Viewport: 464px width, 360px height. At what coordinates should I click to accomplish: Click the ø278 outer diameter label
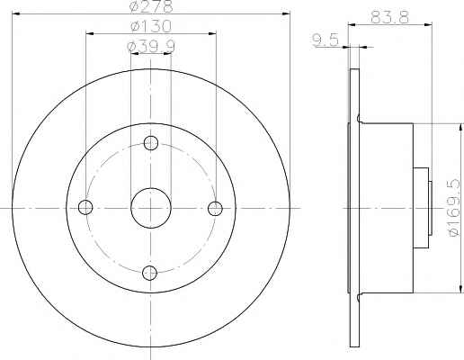point(151,6)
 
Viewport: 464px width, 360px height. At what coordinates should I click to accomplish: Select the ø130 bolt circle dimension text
point(151,26)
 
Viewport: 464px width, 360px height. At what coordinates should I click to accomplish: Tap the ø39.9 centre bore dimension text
point(151,46)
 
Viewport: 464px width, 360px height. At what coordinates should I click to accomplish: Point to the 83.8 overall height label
point(389,17)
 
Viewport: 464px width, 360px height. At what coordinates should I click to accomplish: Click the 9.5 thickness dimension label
point(326,40)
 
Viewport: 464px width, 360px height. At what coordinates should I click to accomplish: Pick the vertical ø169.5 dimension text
point(455,207)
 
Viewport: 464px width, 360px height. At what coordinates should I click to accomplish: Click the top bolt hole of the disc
point(151,143)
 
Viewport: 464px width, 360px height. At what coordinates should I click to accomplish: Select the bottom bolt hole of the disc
point(149,273)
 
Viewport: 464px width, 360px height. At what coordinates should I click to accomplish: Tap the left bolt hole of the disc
point(85,207)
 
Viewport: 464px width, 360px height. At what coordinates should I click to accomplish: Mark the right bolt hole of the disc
point(215,208)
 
